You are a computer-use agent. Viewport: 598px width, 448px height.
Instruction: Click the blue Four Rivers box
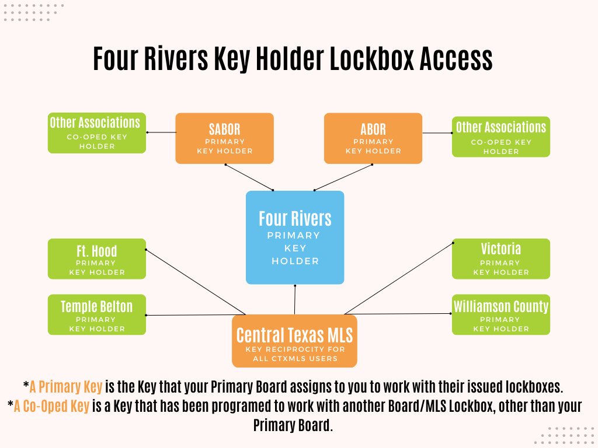[x=295, y=237]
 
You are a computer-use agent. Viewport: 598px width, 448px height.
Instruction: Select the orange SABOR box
[x=224, y=138]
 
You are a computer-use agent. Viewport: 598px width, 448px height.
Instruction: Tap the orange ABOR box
[x=373, y=138]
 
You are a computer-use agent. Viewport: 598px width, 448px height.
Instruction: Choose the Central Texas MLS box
[x=294, y=341]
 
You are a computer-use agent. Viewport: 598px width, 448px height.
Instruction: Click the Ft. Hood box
[x=97, y=258]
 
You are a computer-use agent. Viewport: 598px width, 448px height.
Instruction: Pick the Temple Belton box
[x=97, y=314]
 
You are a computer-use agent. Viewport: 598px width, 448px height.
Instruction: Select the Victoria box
[x=501, y=258]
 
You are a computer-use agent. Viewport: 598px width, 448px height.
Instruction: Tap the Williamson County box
[x=501, y=314]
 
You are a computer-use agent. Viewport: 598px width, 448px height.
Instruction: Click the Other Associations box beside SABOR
[x=97, y=132]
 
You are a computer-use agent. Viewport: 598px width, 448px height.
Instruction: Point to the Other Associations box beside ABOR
[x=501, y=137]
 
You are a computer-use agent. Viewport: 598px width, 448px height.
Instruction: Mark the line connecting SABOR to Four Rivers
[x=249, y=177]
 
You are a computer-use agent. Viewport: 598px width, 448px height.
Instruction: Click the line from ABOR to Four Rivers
[x=343, y=177]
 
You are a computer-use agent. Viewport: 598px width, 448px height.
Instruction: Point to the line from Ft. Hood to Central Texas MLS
[x=195, y=282]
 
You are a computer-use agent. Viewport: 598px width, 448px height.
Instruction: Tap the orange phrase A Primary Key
[x=66, y=386]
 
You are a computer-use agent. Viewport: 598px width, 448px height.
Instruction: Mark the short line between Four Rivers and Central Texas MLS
[x=295, y=300]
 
